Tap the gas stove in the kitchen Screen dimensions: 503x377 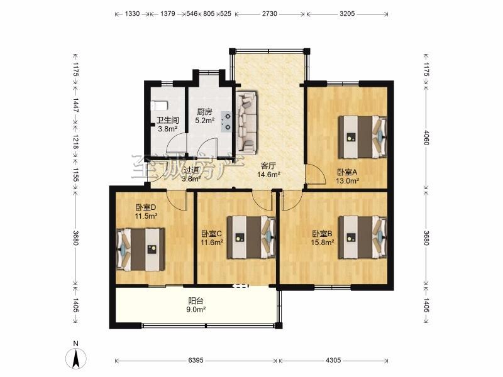(x=226, y=121)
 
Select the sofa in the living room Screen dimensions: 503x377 (x=246, y=122)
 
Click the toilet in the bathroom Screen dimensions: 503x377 (x=159, y=105)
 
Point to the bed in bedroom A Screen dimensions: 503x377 (x=363, y=137)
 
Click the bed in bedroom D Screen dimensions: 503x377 (x=140, y=249)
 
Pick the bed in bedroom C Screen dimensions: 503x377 (x=251, y=238)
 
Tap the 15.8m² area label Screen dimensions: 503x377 (x=323, y=243)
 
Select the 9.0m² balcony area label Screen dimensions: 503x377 (x=196, y=310)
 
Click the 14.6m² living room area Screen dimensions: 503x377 (x=269, y=175)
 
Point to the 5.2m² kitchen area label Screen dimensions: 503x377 (x=205, y=121)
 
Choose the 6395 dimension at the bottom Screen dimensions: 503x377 (x=196, y=360)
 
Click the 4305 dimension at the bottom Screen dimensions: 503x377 (x=334, y=360)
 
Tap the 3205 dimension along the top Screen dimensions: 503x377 (x=347, y=13)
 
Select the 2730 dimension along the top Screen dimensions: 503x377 (x=270, y=13)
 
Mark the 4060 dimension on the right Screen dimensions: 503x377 (x=426, y=137)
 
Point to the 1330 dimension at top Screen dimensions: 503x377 (x=132, y=13)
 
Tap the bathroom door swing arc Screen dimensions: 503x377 (x=176, y=143)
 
